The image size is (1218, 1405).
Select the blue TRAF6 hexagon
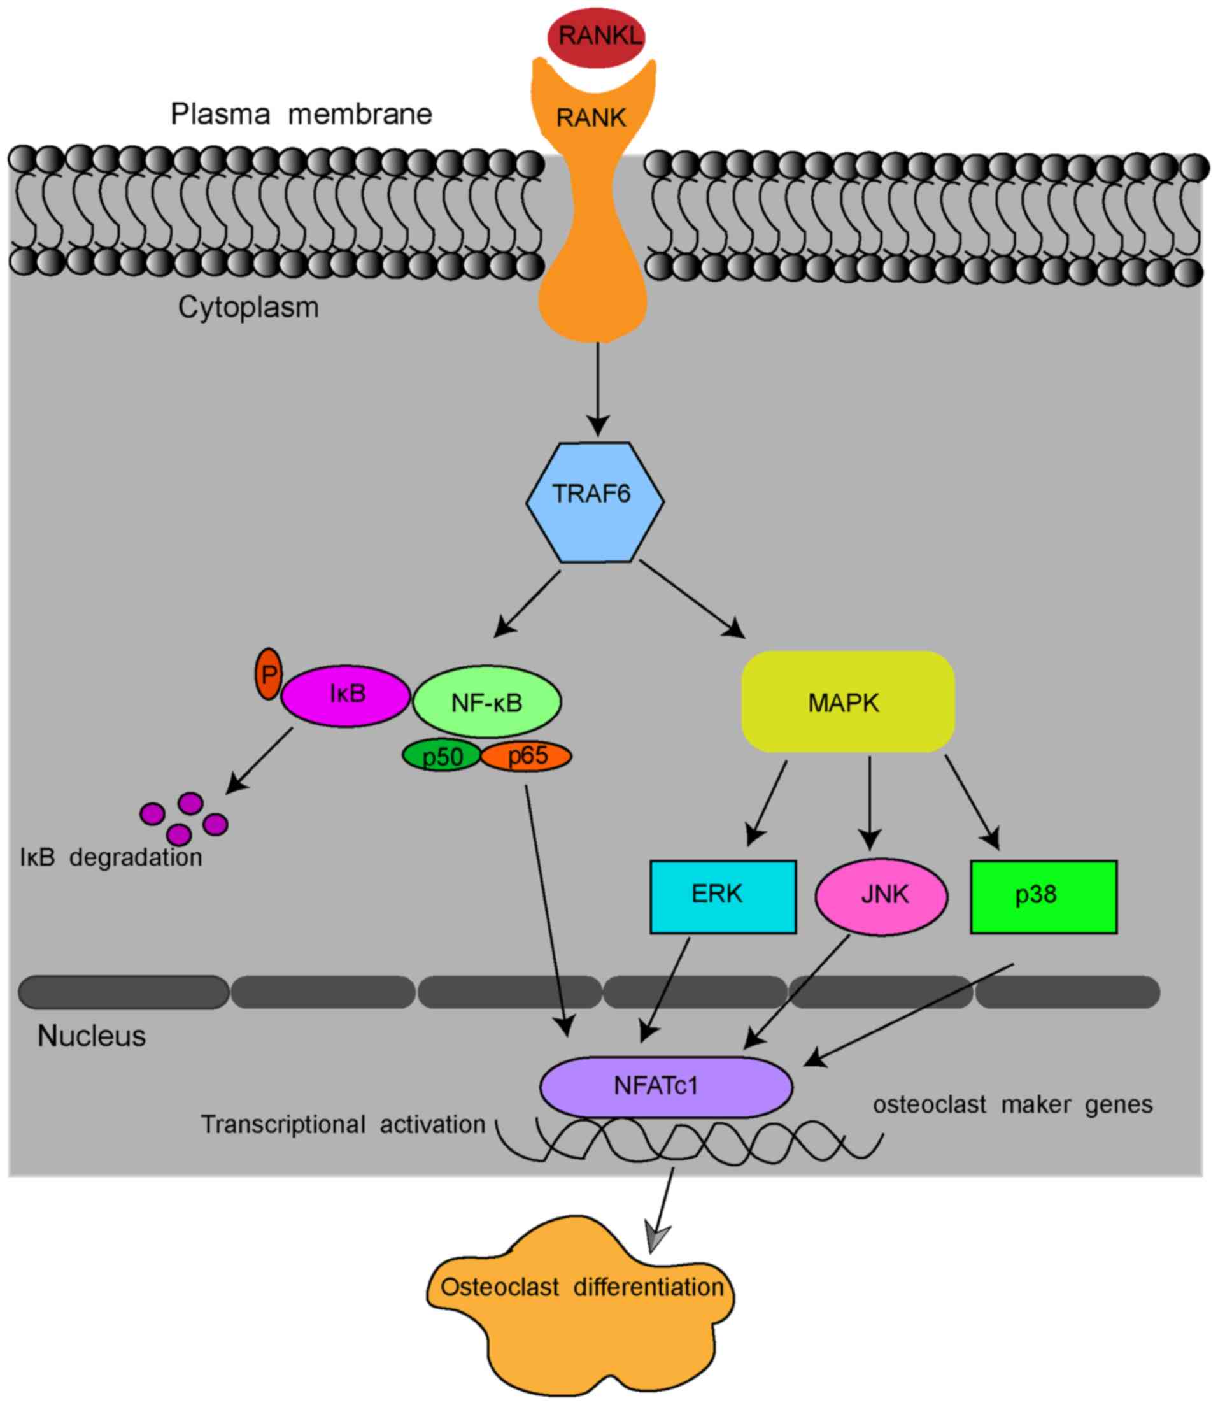pos(595,502)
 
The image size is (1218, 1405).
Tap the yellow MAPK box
pos(847,701)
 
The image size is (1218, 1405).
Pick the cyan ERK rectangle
pos(723,897)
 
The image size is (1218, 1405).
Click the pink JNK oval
pos(881,897)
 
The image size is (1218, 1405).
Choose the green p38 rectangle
pos(1044,897)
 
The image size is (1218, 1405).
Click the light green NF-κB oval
pos(486,701)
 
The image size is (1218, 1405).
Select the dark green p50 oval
pos(442,756)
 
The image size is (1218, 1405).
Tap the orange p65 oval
pos(527,756)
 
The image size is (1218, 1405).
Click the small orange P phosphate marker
pos(269,674)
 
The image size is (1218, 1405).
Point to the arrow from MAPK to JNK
pos(869,802)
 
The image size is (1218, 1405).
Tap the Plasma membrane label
pos(301,114)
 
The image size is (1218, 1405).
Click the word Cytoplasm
pos(248,307)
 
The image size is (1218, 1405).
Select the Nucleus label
pos(92,1036)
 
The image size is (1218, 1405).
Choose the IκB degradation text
pos(111,858)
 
